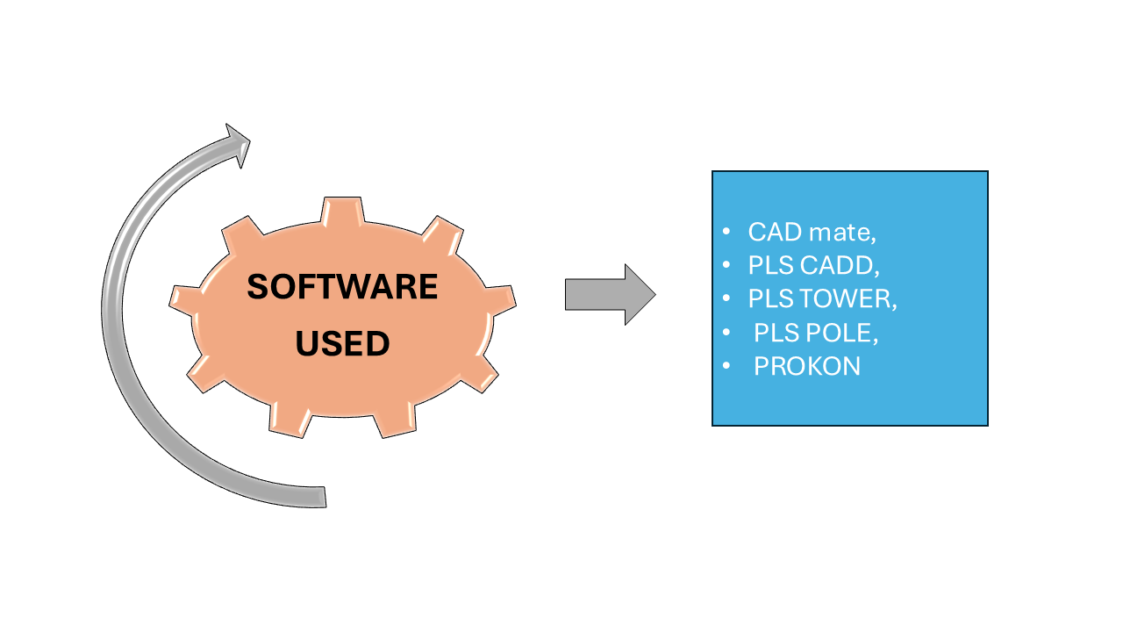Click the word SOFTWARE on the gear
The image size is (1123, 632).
pyautogui.click(x=342, y=287)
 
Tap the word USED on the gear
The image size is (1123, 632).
pyautogui.click(x=342, y=344)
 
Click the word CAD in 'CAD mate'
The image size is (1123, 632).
pyautogui.click(x=775, y=233)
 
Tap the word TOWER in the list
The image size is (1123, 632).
pyautogui.click(x=850, y=299)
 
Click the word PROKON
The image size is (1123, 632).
pyautogui.click(x=807, y=366)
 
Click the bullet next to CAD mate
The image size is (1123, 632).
pyautogui.click(x=726, y=232)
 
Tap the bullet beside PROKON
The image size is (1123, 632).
pyautogui.click(x=726, y=365)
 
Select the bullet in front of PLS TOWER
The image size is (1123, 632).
pyautogui.click(x=726, y=298)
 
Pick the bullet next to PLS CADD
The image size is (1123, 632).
pyautogui.click(x=726, y=265)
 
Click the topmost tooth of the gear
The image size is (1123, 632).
pyautogui.click(x=342, y=209)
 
